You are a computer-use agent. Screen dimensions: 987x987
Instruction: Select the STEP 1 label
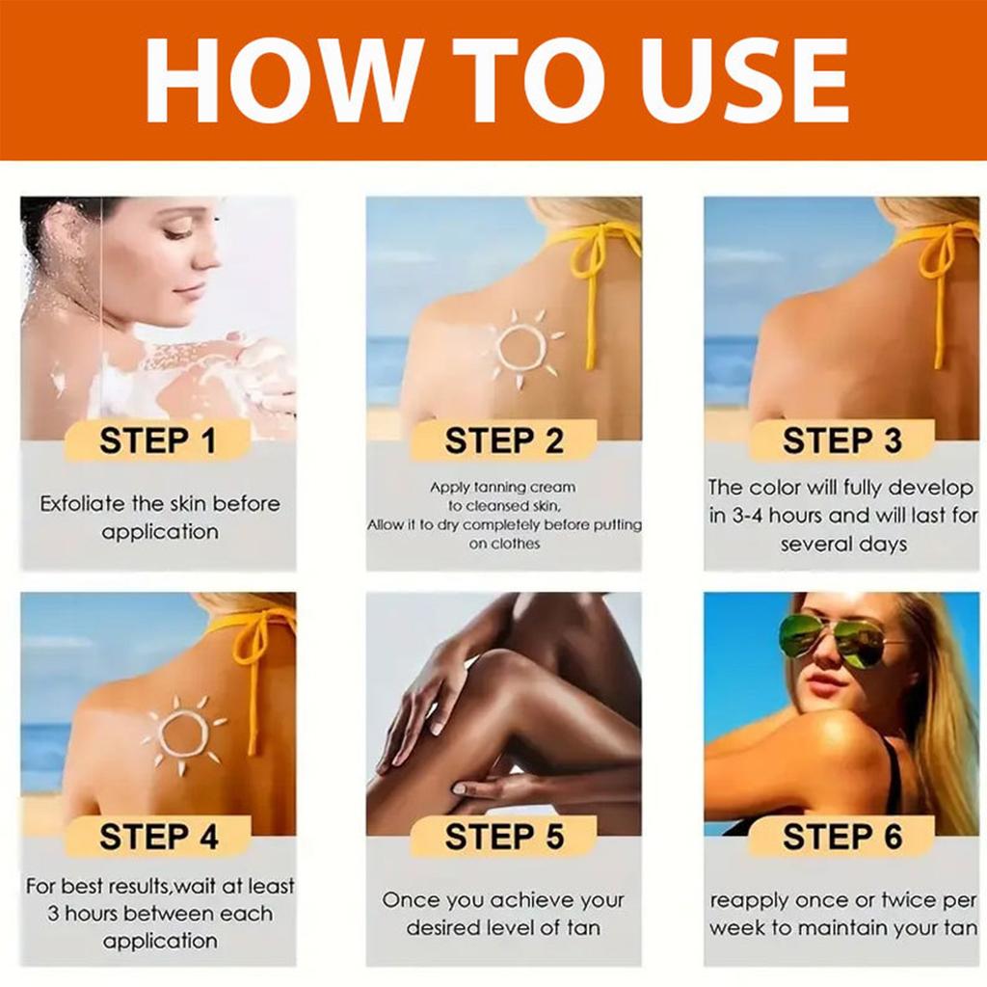click(157, 440)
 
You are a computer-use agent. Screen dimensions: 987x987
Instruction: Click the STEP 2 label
click(504, 440)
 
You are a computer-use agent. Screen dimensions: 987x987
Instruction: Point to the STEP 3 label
click(841, 440)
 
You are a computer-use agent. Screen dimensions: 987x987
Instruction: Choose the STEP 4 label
click(159, 837)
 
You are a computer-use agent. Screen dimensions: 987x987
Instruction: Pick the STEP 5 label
click(504, 837)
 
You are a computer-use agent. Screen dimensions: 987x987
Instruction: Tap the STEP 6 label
click(842, 837)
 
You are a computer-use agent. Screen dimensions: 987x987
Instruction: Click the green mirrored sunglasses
click(838, 642)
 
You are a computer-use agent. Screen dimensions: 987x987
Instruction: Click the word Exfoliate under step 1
click(83, 503)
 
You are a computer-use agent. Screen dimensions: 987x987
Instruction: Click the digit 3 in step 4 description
click(53, 914)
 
